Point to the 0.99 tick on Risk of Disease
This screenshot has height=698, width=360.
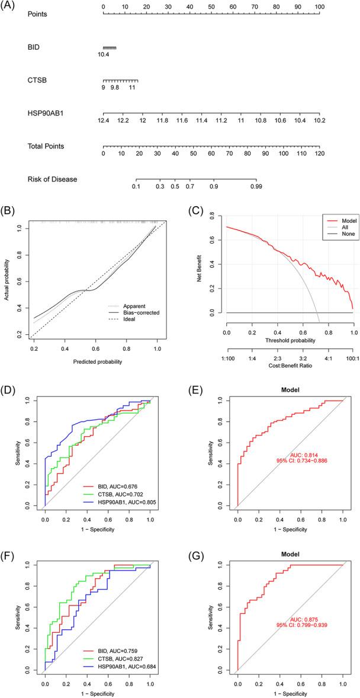[256, 186]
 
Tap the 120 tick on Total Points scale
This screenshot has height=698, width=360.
[319, 153]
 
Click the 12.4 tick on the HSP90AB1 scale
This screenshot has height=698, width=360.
[104, 120]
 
